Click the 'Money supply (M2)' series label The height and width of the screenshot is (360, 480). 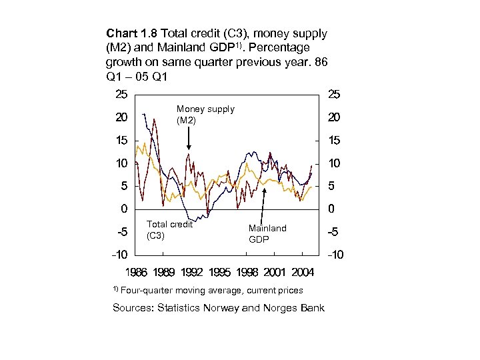click(205, 114)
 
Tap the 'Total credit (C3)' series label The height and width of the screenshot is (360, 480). click(169, 229)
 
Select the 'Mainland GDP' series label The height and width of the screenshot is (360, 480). click(267, 233)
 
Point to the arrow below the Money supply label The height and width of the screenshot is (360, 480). click(189, 138)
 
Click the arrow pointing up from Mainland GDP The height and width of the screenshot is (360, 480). click(265, 203)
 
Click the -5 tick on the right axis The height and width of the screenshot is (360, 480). click(333, 233)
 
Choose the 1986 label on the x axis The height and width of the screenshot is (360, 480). click(137, 272)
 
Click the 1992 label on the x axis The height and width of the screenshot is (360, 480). click(192, 272)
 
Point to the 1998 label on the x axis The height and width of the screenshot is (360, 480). click(247, 272)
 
